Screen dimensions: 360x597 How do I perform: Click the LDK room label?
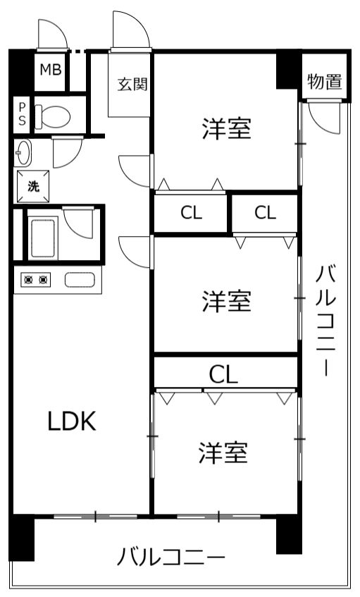pos(72,421)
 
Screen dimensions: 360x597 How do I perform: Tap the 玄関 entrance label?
pos(132,84)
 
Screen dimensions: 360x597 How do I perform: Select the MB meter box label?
pos(51,70)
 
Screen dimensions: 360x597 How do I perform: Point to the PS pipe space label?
pos(22,114)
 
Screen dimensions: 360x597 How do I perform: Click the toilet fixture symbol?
pos(53,116)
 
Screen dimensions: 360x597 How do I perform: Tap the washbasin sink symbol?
pos(23,153)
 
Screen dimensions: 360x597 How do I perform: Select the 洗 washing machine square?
pos(33,187)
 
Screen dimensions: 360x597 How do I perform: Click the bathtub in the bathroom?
pos(42,238)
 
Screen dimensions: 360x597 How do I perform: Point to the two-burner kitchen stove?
pos(35,280)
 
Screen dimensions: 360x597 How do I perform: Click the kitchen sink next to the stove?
pos(80,280)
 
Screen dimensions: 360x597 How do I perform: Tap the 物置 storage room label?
pos(325,82)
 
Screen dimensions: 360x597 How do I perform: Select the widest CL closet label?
pos(223,374)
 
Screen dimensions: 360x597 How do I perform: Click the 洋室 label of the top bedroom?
pos(227,129)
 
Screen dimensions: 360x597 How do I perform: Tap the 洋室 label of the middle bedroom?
pos(227,301)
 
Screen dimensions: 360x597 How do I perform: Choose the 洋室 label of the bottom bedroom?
pos(223,453)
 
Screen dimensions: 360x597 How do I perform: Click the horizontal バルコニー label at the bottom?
pos(171,558)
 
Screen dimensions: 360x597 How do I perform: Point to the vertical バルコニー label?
pos(326,321)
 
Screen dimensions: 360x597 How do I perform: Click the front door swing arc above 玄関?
pos(130,30)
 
